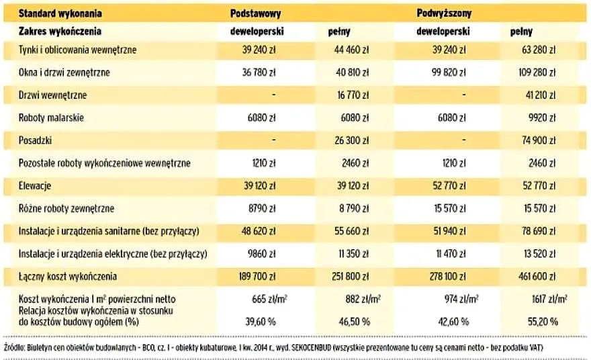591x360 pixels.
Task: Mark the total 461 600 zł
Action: (x=535, y=277)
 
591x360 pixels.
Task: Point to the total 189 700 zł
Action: (x=255, y=277)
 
